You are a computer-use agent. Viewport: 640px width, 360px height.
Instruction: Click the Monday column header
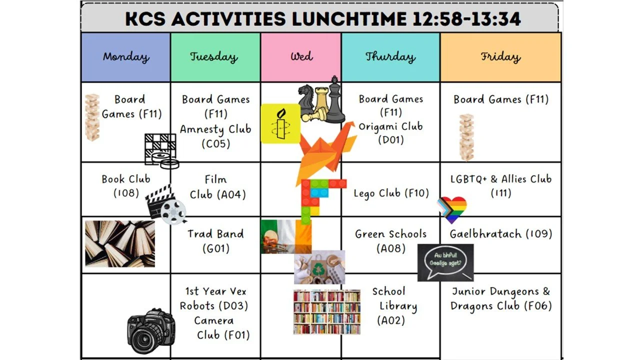coord(126,57)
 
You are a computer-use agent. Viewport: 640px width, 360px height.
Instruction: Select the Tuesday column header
coord(213,57)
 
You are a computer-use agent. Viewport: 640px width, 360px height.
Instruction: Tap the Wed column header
coord(301,56)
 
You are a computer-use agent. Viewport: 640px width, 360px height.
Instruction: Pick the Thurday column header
coord(390,57)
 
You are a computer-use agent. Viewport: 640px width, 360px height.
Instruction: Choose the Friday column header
coord(500,57)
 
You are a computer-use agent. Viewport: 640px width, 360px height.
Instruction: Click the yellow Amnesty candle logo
coord(280,123)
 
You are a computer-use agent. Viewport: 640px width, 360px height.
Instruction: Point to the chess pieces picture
coord(322,101)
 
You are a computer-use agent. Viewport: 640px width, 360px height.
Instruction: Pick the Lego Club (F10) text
coord(391,193)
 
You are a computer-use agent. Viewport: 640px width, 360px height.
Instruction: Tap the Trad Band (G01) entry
coord(215,240)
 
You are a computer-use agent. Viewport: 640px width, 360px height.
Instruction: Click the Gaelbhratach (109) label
coord(500,233)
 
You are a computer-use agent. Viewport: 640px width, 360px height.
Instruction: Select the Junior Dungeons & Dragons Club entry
coord(500,298)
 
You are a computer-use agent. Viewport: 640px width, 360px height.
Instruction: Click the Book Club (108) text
coord(126,185)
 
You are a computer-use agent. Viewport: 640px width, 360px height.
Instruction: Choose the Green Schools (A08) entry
coord(391,240)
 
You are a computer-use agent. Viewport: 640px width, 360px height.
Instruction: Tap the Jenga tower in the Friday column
coord(466,137)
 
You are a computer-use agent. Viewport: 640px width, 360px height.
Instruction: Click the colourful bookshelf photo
coord(327,312)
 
